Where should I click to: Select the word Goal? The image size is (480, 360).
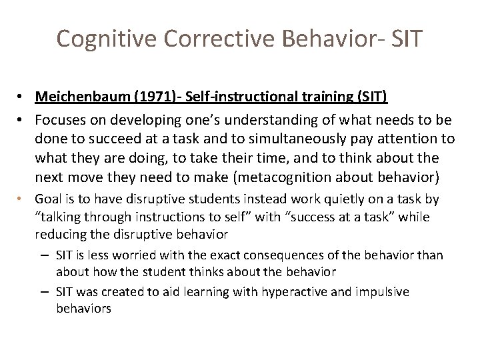[x=48, y=198]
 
